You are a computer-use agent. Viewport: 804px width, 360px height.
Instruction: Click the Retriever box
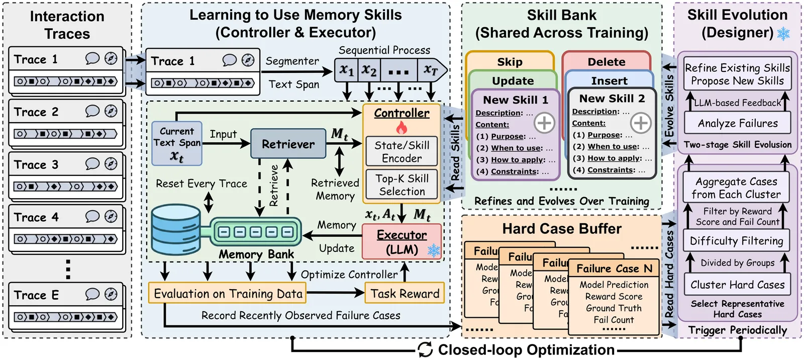[x=288, y=144]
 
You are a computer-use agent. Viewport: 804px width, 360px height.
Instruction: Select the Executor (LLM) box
[x=401, y=242]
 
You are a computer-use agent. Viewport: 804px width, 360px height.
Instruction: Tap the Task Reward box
[x=405, y=294]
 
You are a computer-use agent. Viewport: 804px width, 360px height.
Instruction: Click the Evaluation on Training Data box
[x=228, y=294]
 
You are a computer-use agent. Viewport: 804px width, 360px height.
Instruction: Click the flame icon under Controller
[x=401, y=128]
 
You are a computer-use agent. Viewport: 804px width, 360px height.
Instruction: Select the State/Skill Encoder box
[x=401, y=151]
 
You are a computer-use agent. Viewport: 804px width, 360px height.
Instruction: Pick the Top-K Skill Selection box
[x=401, y=185]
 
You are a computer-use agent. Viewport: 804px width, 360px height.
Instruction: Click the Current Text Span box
[x=177, y=144]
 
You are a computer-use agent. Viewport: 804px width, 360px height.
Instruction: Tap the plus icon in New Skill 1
[x=544, y=122]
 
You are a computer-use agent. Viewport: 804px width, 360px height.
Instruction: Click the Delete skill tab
[x=607, y=62]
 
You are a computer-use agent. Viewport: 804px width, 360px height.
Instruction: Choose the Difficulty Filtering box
[x=736, y=241]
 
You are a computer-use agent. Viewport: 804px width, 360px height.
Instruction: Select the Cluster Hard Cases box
[x=737, y=285]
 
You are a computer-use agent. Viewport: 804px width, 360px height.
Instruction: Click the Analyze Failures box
[x=737, y=123]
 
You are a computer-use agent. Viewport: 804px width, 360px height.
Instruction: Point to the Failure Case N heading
[x=614, y=268]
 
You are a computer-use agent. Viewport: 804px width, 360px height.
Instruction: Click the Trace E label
[x=36, y=295]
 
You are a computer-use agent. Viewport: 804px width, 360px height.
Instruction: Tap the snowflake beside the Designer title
[x=783, y=34]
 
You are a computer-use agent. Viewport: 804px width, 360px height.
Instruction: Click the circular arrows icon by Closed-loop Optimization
[x=425, y=349]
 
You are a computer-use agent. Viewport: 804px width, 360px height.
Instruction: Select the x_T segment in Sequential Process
[x=431, y=70]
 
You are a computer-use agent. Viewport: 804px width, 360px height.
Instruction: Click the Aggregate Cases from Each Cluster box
[x=736, y=188]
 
